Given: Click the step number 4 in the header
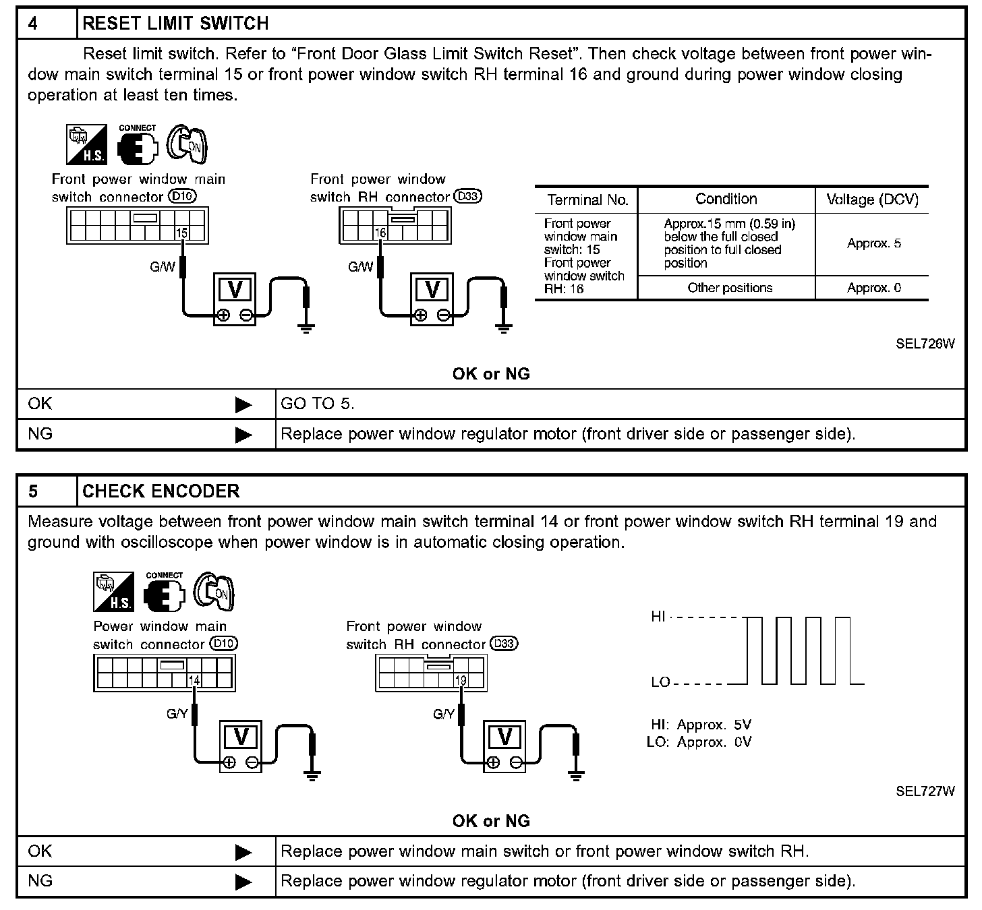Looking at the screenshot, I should [x=33, y=24].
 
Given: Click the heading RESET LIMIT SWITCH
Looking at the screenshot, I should [x=175, y=24].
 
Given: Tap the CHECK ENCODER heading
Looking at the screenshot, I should [x=161, y=491].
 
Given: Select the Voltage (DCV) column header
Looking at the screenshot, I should [x=872, y=200].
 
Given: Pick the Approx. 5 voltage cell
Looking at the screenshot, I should [x=873, y=243].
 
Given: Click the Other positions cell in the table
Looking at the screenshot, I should [x=729, y=288].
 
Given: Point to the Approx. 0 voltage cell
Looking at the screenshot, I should [x=873, y=288].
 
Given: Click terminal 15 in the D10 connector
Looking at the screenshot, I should [x=181, y=233].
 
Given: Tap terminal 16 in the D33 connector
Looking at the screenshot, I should [x=380, y=233].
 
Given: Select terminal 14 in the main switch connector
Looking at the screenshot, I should [x=194, y=680].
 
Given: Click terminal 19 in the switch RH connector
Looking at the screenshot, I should [x=461, y=680].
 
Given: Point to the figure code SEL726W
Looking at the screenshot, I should [x=925, y=344].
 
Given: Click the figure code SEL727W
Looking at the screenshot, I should [x=925, y=791].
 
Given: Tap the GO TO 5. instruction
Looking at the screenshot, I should [x=317, y=404].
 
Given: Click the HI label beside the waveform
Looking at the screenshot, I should [x=658, y=616].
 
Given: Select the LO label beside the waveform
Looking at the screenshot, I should [x=660, y=682].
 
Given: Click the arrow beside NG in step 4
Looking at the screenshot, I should [x=243, y=435].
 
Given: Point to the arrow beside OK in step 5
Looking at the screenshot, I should [x=243, y=852].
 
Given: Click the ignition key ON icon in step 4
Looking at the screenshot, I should [x=187, y=144].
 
